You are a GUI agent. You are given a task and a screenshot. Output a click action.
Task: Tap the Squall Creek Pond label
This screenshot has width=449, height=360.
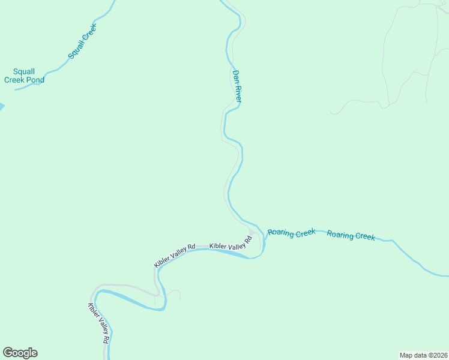tap(25, 75)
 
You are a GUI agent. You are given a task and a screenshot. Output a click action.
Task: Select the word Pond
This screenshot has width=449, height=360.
tap(34, 80)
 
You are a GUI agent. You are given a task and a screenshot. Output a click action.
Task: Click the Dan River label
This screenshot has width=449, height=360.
tap(237, 86)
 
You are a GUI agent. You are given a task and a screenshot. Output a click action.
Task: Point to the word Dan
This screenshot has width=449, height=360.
tap(236, 76)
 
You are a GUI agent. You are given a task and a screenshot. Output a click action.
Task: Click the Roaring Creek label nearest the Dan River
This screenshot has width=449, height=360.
tap(291, 233)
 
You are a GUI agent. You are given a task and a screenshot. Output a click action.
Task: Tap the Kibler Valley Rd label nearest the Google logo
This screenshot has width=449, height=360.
tap(98, 322)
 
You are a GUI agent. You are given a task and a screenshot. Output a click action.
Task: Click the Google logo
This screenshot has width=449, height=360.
tap(20, 353)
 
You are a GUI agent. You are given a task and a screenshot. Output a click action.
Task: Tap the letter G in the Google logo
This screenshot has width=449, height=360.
tap(8, 352)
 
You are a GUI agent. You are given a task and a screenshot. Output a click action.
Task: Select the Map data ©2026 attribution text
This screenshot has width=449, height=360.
tap(423, 355)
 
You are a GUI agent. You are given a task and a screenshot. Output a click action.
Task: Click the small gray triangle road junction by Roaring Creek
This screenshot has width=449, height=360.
tap(252, 233)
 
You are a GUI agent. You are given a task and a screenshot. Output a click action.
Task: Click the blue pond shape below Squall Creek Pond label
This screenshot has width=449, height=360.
tap(2, 107)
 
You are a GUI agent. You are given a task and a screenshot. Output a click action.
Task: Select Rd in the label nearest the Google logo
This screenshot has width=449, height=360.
tap(106, 338)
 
